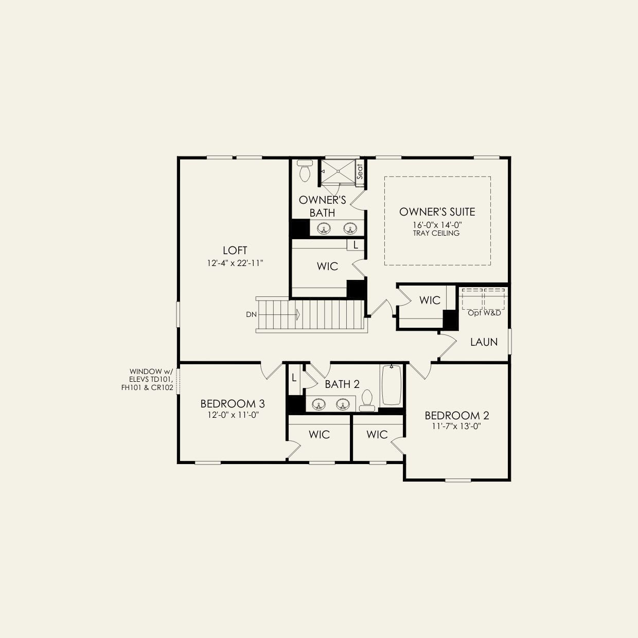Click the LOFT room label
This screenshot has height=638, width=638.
coord(235,251)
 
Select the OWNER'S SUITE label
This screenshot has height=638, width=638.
coord(437,212)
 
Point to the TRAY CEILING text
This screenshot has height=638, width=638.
coord(436,233)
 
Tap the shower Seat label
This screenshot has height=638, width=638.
coord(360,171)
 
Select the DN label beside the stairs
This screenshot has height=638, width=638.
coord(251,314)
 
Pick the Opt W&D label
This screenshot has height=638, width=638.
coord(484,312)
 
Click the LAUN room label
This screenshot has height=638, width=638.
coord(484,342)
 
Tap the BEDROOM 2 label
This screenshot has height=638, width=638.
coord(456,416)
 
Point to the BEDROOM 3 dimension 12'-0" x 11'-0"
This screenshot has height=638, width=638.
coord(233,415)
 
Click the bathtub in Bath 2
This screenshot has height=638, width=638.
coord(391,385)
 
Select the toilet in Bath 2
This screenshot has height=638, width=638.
coord(367,400)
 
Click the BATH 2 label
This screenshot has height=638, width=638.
coord(342,384)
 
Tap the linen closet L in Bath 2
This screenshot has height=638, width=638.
coord(294,378)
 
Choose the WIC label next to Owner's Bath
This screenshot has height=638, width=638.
coord(327,266)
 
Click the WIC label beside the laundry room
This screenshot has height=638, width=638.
coord(430,300)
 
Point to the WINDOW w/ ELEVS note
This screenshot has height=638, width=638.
coord(151,380)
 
